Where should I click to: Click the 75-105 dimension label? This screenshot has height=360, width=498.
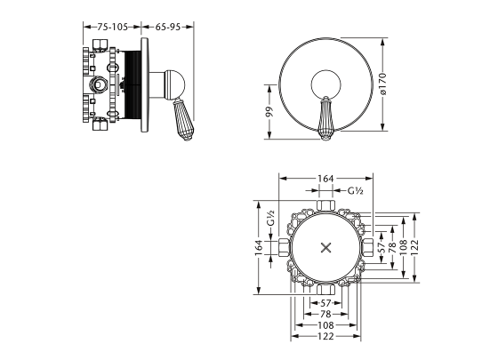click(x=113, y=28)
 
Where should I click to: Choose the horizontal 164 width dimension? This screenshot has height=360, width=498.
click(x=325, y=179)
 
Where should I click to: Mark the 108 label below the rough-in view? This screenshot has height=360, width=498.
click(x=325, y=326)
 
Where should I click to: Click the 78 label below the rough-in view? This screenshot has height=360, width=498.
click(x=325, y=314)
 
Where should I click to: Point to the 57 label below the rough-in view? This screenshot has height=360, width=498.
click(x=325, y=301)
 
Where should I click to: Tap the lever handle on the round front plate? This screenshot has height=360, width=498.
click(x=326, y=117)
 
